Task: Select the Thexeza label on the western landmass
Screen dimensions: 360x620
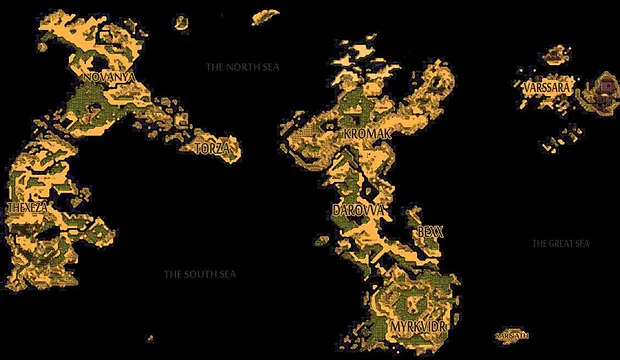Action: [26, 207]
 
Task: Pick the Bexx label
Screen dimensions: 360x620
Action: [431, 230]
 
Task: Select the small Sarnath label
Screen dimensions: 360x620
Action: [511, 336]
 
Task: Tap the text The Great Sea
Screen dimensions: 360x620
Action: [560, 243]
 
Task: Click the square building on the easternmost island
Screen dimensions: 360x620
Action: [607, 88]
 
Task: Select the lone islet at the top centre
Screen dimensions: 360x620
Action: [265, 16]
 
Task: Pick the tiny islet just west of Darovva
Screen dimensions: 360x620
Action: [320, 241]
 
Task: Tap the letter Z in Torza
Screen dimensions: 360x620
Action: [224, 148]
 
